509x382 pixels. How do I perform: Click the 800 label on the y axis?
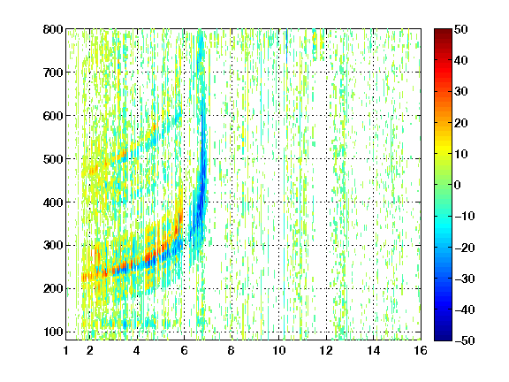point(53,29)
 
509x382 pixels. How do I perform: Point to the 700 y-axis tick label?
point(53,73)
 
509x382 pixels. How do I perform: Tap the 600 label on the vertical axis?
point(53,116)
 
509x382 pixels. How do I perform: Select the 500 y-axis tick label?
point(53,159)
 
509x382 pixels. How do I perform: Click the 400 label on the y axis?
point(53,202)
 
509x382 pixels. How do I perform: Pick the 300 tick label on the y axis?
point(53,246)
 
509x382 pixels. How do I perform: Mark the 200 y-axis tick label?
point(53,289)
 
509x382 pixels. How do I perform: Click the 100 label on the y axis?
point(53,332)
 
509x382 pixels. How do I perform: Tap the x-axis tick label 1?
point(66,350)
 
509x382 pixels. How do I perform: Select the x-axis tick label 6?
point(184,350)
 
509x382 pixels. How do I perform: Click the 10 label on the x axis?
point(278,350)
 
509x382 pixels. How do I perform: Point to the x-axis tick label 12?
point(326,350)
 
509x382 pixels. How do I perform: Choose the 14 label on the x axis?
point(373,350)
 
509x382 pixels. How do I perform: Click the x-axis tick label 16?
point(421,350)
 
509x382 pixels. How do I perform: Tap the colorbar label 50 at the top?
point(460,29)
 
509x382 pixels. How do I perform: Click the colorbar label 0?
point(458,185)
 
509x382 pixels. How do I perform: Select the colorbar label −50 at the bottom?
point(465,340)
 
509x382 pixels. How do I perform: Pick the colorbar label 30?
point(460,92)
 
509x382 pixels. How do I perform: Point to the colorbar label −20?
point(465,248)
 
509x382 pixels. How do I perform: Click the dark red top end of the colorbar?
point(443,31)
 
